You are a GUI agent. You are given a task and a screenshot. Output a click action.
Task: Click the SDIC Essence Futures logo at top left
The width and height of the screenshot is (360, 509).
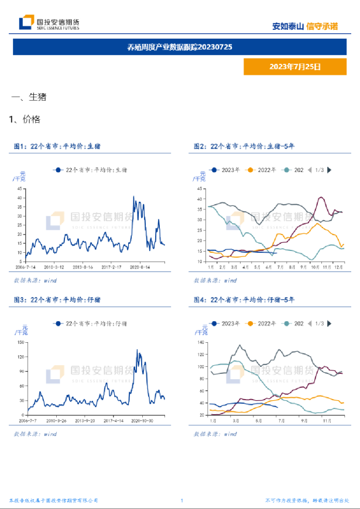pos(49,23)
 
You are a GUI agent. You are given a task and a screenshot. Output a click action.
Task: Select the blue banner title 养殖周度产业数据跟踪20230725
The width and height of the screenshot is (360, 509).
pos(180,46)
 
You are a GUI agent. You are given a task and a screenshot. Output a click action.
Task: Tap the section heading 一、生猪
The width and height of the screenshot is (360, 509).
pos(29,97)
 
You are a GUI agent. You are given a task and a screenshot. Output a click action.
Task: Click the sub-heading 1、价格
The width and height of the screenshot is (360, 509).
pos(25,119)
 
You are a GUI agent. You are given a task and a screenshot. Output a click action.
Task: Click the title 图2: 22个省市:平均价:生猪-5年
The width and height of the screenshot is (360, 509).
pos(244,146)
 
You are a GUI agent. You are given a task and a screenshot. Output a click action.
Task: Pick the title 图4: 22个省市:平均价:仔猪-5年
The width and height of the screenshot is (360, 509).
pos(244,300)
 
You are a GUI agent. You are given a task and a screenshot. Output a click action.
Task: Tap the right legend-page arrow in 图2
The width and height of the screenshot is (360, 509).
pos(330,170)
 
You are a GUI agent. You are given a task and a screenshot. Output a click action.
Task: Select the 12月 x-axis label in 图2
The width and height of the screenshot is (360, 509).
pos(339,266)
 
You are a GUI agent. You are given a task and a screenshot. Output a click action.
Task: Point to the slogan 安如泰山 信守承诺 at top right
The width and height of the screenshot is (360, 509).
pos(305,26)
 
